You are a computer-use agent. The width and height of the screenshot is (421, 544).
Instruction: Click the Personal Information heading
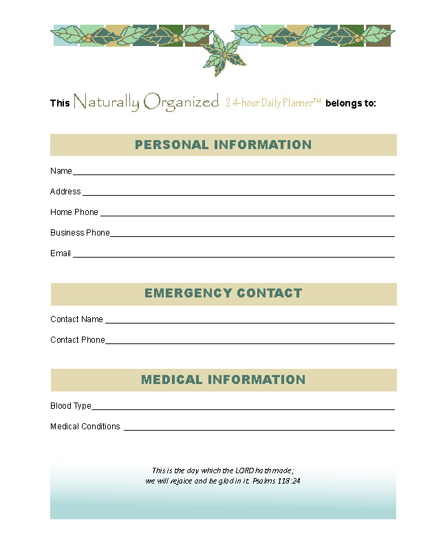click(223, 145)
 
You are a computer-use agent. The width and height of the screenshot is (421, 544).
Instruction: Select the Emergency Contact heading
click(223, 293)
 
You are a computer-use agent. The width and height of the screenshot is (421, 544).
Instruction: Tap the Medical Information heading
click(223, 380)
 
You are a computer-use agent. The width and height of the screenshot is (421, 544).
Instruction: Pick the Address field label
click(65, 192)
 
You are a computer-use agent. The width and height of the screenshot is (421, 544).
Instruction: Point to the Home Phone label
click(74, 212)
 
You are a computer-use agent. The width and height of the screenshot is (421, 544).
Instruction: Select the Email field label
click(61, 253)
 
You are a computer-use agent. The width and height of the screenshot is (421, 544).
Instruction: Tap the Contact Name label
click(76, 319)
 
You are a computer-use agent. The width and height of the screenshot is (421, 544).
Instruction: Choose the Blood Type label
click(70, 406)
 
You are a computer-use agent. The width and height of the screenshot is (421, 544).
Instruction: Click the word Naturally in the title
click(106, 103)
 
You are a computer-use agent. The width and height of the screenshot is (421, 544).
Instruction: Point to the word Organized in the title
click(181, 103)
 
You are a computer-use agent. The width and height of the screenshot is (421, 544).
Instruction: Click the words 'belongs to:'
click(351, 104)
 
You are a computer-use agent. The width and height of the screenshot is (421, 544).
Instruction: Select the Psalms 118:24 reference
click(276, 481)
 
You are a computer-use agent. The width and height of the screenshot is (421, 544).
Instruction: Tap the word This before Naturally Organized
click(60, 104)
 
